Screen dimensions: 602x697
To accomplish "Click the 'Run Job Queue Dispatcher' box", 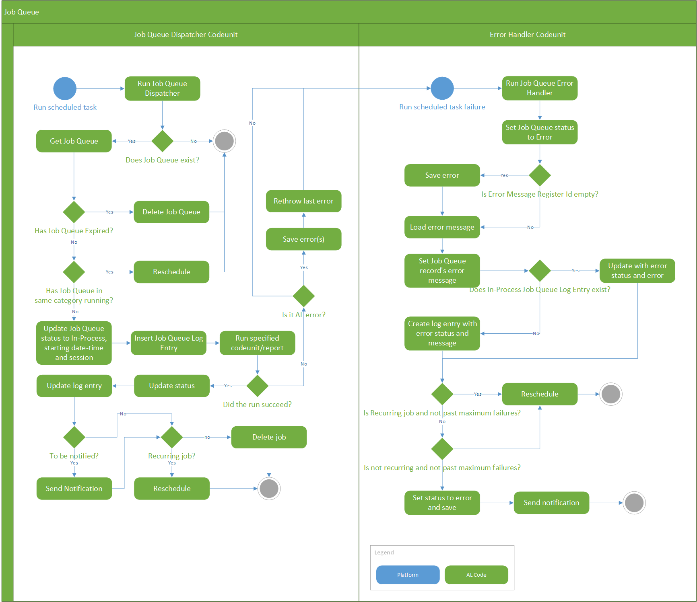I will coord(162,88).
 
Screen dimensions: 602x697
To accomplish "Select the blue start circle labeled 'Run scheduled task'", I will coord(65,88).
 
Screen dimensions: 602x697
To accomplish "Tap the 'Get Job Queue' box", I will coord(74,141).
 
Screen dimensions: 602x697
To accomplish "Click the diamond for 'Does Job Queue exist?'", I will coord(162,141).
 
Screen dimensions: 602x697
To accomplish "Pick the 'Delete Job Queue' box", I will coord(171,212).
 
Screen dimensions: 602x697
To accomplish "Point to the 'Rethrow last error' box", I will coord(303,201).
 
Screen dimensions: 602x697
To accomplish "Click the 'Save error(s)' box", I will coord(303,239).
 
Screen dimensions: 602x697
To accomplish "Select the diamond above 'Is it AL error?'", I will coord(303,296).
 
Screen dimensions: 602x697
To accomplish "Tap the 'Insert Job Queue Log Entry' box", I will coord(168,343).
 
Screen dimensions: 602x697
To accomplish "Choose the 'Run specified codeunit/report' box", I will coord(257,343).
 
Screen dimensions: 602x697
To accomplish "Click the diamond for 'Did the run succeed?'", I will coord(257,386).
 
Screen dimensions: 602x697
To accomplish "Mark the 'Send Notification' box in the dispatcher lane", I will coord(74,489).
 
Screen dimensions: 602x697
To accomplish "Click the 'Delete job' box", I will coord(269,437).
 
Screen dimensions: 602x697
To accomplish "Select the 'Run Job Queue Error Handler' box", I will coord(540,88).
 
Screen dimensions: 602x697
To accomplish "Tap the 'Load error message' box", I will coord(442,227).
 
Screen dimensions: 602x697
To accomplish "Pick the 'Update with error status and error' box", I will coord(637,271).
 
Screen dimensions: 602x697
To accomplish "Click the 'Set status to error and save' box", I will coord(442,503).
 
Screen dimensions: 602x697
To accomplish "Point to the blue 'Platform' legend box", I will coord(408,575).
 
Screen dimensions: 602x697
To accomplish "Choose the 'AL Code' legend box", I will coord(476,575).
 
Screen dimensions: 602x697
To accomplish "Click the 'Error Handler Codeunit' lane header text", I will coord(527,35).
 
